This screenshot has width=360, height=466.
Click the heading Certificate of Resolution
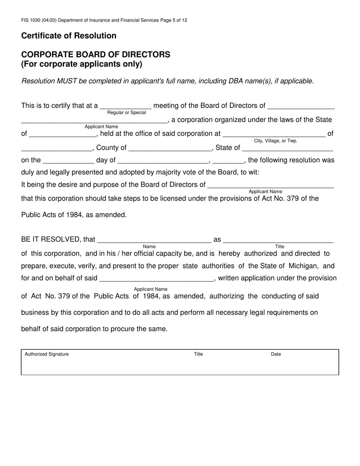pyautogui.click(x=69, y=36)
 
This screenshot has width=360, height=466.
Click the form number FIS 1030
pyautogui.click(x=33, y=20)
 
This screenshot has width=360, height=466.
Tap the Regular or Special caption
pyautogui.click(x=127, y=113)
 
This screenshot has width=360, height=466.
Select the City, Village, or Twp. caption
pyautogui.click(x=275, y=141)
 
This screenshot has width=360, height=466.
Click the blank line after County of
pyautogui.click(x=170, y=148)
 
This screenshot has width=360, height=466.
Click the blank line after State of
pyautogui.click(x=287, y=148)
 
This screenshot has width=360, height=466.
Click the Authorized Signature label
pyautogui.click(x=47, y=354)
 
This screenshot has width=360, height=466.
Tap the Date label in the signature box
pyautogui.click(x=276, y=354)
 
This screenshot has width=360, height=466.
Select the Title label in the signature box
pyautogui.click(x=199, y=354)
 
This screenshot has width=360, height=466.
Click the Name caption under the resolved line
pyautogui.click(x=149, y=247)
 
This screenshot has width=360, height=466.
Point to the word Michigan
pyautogui.click(x=304, y=266)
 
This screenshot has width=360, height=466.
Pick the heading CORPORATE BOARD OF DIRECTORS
pyautogui.click(x=95, y=55)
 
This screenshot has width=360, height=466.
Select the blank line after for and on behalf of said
pyautogui.click(x=157, y=278)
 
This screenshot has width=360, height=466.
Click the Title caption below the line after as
pyautogui.click(x=280, y=247)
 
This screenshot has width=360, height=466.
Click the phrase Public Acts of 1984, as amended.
pyautogui.click(x=74, y=215)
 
